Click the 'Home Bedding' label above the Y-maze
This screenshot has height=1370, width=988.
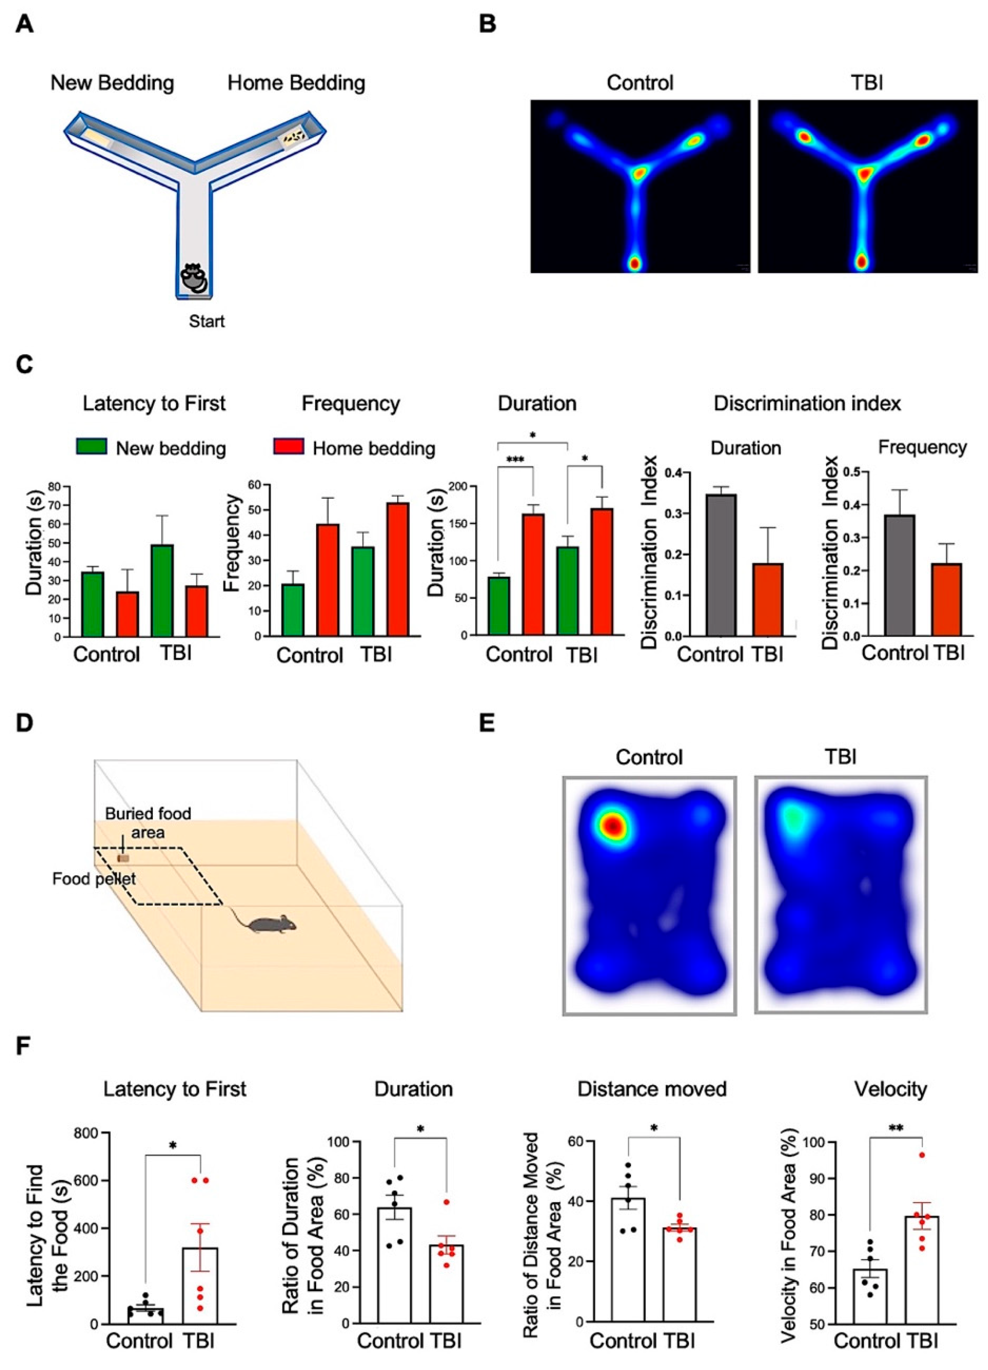[296, 83]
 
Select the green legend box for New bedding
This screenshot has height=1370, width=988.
[92, 446]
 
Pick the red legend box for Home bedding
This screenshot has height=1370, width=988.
[288, 446]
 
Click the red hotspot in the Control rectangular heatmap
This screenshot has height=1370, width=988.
[613, 825]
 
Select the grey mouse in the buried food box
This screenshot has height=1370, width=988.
[273, 924]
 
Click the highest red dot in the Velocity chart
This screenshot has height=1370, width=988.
[922, 1155]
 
